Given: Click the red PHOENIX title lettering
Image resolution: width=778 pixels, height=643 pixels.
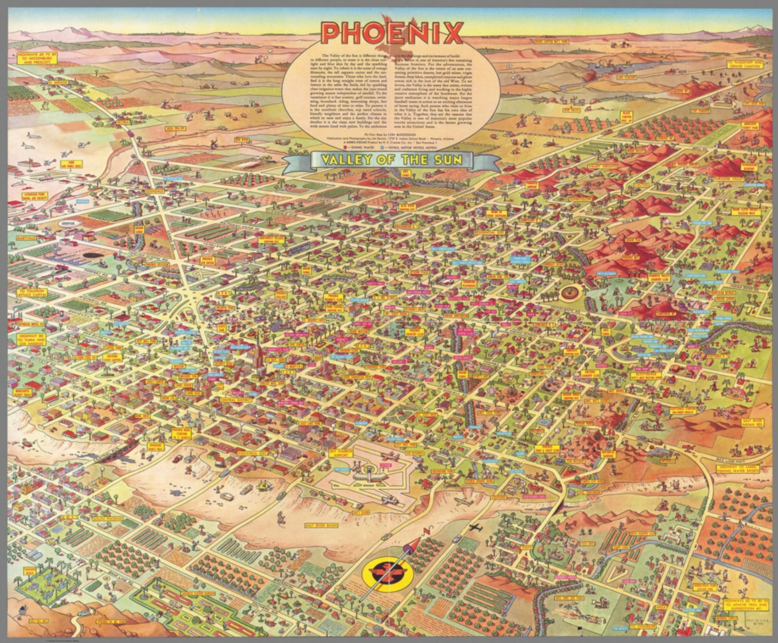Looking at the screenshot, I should point(392,32).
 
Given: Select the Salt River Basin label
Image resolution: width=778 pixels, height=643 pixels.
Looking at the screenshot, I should point(321,525).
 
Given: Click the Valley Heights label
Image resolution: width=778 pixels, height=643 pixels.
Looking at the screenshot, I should point(602,167).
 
